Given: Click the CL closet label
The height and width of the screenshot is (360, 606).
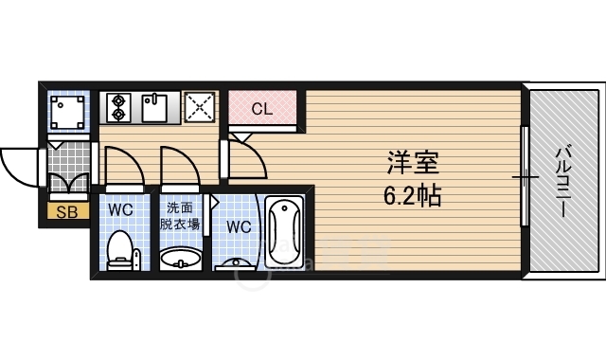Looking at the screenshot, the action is [262, 110].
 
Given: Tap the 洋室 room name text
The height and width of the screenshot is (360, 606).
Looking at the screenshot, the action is [413, 163].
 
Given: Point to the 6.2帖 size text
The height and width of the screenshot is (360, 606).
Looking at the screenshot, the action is [413, 195].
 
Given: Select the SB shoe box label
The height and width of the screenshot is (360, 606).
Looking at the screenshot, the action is [67, 211].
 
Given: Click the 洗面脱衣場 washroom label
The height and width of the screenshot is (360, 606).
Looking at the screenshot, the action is [180, 216].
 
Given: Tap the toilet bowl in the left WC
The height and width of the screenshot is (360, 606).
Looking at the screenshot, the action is [120, 250].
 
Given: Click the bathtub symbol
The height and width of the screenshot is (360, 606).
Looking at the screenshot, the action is [284, 231].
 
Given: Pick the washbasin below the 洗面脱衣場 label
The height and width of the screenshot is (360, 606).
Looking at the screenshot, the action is [181, 259].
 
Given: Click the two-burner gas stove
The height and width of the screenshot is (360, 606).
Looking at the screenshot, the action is [118, 107].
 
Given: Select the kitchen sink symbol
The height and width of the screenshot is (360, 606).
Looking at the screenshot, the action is [154, 107].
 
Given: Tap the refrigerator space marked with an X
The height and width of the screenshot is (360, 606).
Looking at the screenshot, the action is [200, 107].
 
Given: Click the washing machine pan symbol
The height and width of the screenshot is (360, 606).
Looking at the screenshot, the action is [67, 112].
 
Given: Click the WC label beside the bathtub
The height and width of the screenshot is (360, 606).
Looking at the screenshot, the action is [239, 226].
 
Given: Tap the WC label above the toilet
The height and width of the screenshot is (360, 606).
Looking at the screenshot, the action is [120, 210].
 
